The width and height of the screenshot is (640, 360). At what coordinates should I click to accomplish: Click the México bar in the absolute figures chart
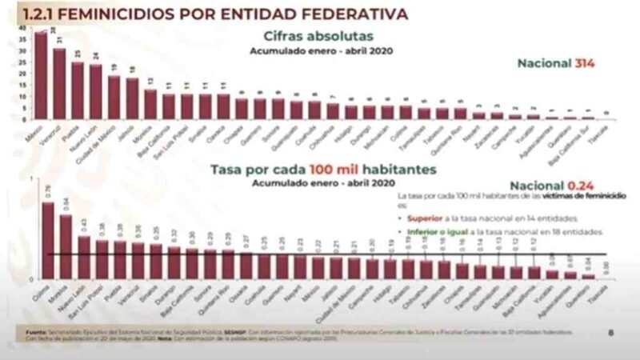click(40, 76)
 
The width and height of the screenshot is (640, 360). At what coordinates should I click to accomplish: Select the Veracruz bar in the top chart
click(59, 84)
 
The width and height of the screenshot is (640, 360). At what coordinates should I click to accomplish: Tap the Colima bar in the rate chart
click(48, 240)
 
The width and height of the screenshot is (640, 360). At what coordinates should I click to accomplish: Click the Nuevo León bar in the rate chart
click(84, 257)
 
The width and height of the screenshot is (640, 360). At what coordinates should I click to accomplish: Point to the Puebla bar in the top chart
click(78, 90)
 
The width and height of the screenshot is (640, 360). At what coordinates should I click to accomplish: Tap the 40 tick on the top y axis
click(22, 27)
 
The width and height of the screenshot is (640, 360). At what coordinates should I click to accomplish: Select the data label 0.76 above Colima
click(48, 190)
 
